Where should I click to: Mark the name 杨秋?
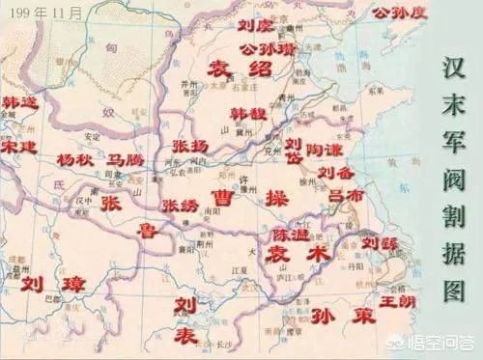coord(75,158)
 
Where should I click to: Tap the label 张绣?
coord(181,206)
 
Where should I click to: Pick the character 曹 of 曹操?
coord(225,199)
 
